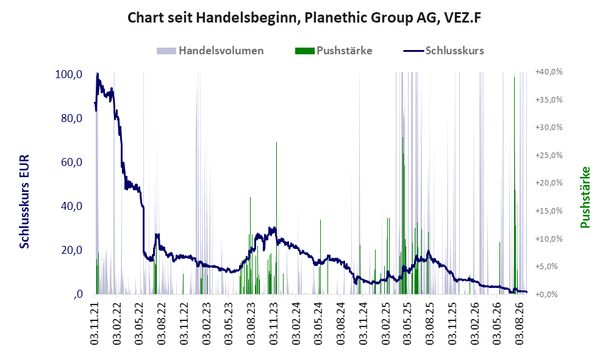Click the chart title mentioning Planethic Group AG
point(304,18)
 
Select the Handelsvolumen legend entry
point(210,51)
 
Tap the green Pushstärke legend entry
point(334,51)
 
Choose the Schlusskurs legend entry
point(443,51)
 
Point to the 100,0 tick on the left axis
point(69,74)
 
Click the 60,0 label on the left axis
point(72,162)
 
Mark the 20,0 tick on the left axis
point(72,250)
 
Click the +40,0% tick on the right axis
point(549,72)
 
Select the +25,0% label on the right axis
point(549,155)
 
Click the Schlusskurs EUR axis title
point(24,202)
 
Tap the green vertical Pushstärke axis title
point(585,197)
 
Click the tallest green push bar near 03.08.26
point(515,185)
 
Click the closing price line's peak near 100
point(98,74)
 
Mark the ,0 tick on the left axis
point(77,295)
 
